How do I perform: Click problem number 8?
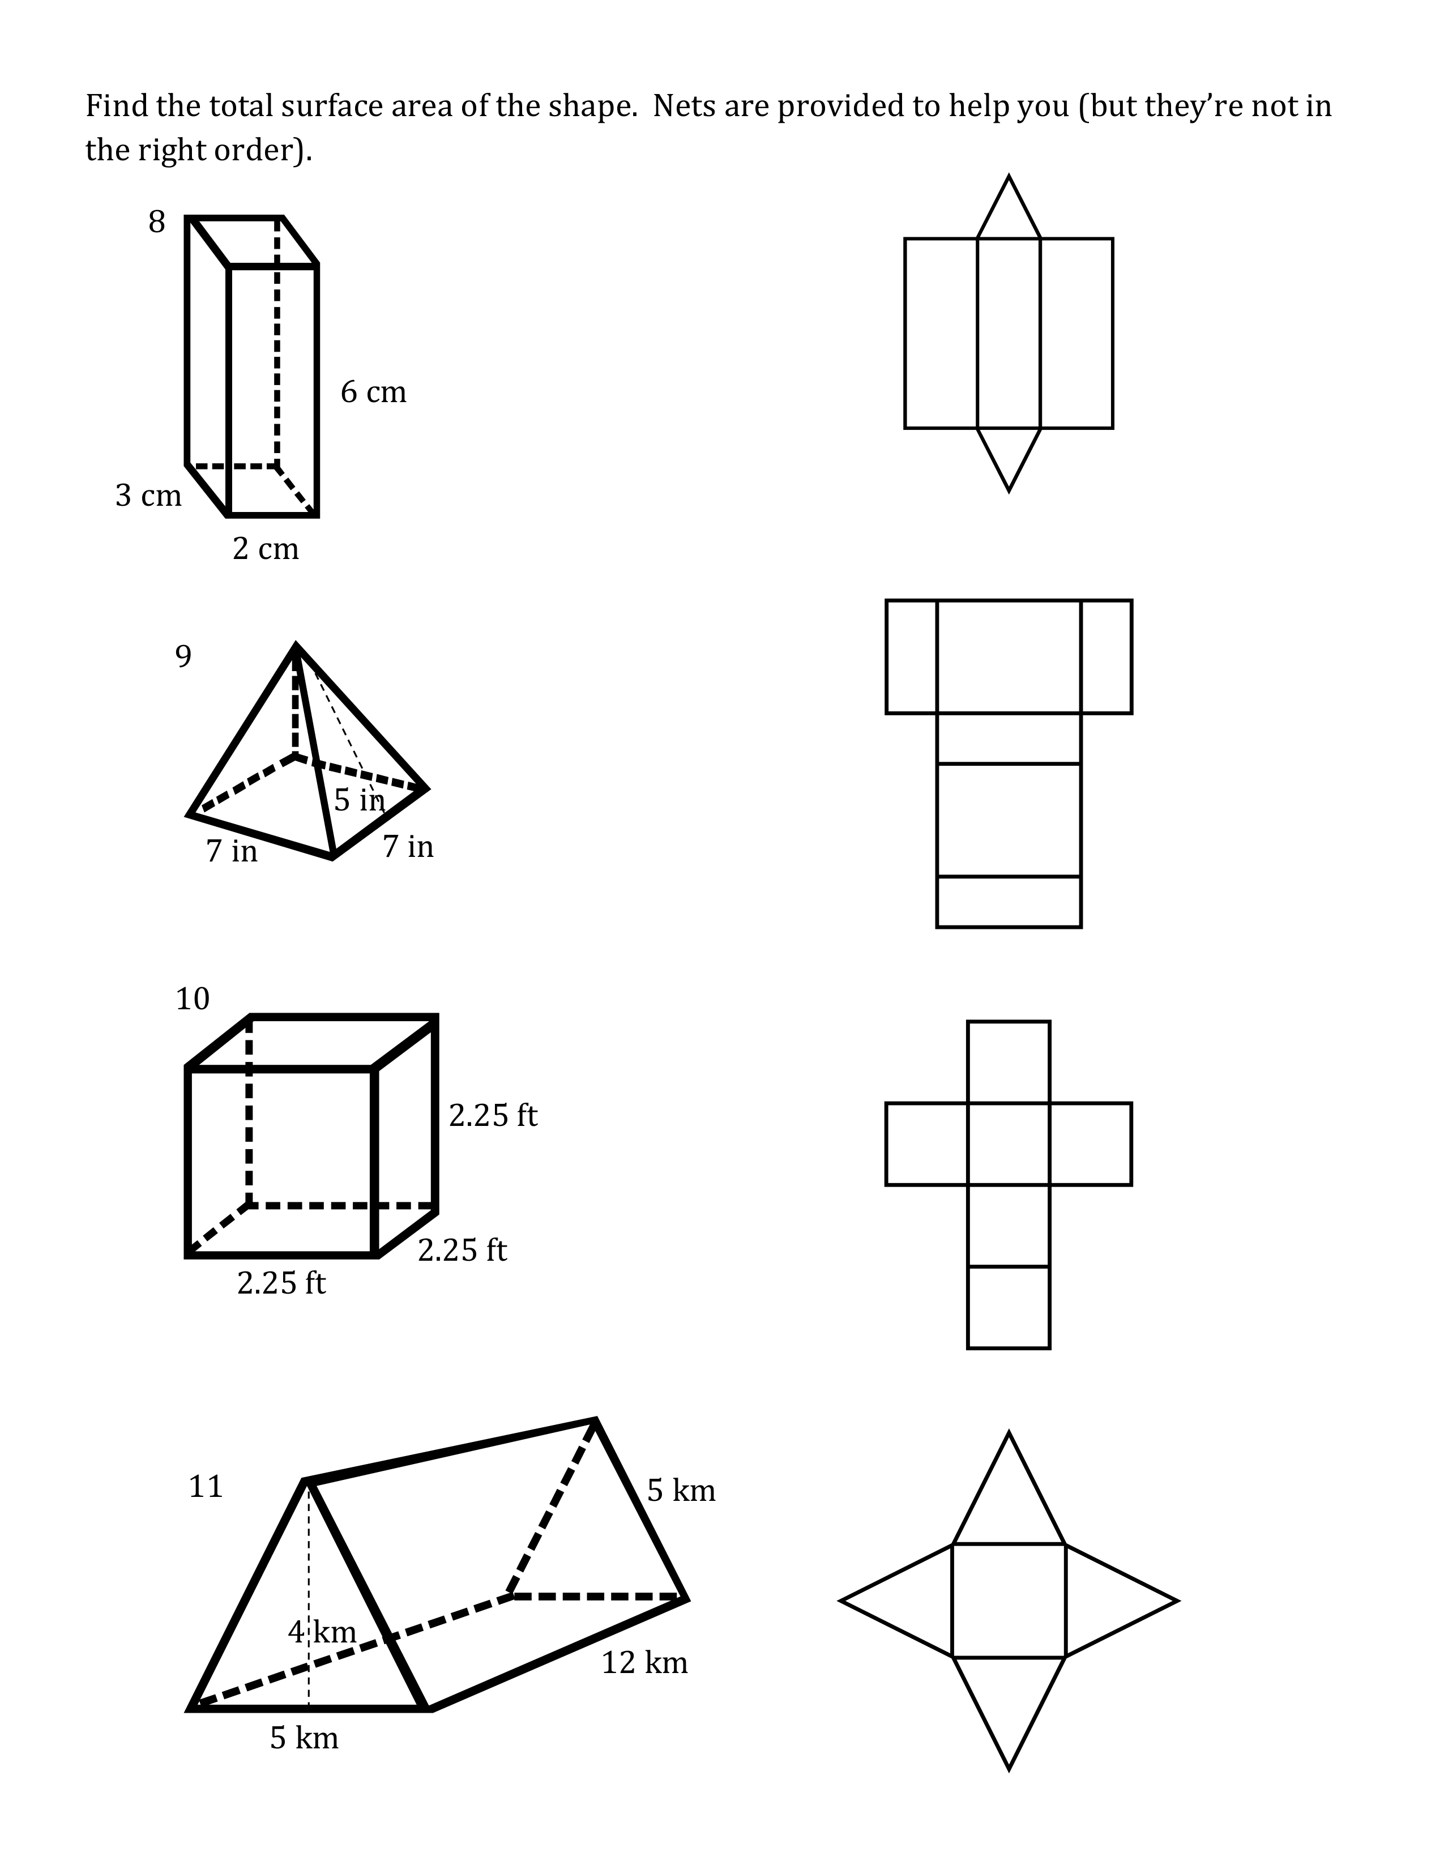click(x=156, y=221)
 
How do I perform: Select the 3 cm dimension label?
click(x=149, y=496)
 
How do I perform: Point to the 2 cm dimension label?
click(x=266, y=549)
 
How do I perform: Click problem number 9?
click(x=183, y=656)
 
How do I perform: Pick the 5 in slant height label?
click(x=359, y=800)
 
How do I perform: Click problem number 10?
click(x=193, y=998)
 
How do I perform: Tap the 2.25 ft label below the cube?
click(x=281, y=1283)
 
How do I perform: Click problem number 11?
click(x=206, y=1487)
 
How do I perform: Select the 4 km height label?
click(x=322, y=1632)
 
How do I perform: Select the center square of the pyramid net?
click(x=1009, y=1601)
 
